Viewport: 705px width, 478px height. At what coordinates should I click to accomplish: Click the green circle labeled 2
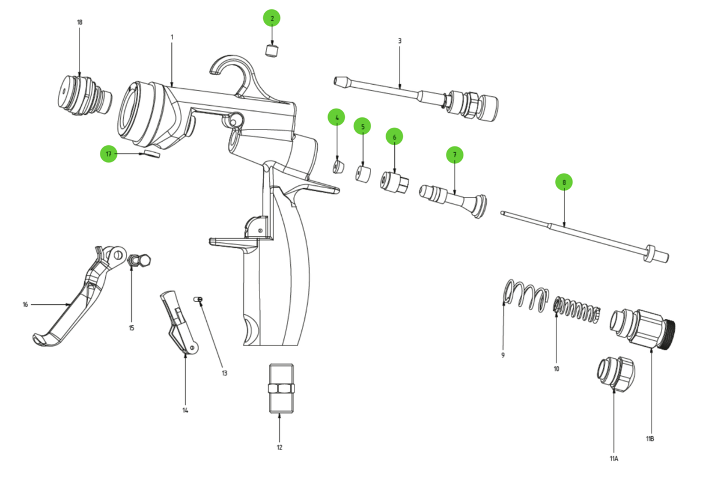[x=271, y=18]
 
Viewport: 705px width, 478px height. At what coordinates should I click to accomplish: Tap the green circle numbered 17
[x=108, y=154]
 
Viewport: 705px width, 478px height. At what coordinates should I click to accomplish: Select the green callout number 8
[x=563, y=182]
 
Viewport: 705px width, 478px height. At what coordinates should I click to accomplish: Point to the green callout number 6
[x=394, y=136]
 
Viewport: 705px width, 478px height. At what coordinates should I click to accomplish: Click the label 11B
[x=650, y=439]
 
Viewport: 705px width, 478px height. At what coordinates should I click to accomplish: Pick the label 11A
[x=614, y=458]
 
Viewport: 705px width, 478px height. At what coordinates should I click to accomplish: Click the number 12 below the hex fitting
[x=279, y=447]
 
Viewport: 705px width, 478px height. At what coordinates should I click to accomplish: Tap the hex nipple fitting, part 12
[x=279, y=388]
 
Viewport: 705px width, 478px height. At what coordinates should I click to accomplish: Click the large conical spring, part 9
[x=526, y=294]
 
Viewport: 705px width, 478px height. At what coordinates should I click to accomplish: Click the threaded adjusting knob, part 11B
[x=645, y=328]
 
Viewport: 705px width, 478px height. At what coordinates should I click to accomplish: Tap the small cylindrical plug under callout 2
[x=272, y=50]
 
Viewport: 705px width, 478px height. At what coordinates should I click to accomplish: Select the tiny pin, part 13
[x=198, y=299]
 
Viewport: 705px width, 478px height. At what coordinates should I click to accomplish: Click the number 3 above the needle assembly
[x=400, y=41]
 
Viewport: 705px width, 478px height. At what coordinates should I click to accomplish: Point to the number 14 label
[x=185, y=410]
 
